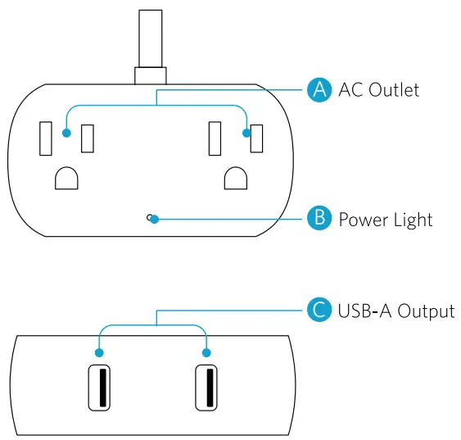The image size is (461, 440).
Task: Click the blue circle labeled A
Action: point(318,89)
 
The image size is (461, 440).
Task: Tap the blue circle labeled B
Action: point(318,219)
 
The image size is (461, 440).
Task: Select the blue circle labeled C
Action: point(318,311)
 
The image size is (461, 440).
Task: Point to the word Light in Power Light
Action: point(411,220)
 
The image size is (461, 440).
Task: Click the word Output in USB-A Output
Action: point(426,311)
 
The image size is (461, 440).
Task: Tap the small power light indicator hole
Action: point(149,217)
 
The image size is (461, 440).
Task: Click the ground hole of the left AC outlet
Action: point(66,178)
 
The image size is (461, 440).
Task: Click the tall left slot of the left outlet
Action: point(46,138)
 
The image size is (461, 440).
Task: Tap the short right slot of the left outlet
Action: point(87,138)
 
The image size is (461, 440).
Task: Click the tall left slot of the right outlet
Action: point(215,138)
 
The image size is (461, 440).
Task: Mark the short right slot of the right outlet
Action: point(256,138)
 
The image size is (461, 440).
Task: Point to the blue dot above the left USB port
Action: point(99,353)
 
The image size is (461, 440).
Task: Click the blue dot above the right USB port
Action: point(206,353)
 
